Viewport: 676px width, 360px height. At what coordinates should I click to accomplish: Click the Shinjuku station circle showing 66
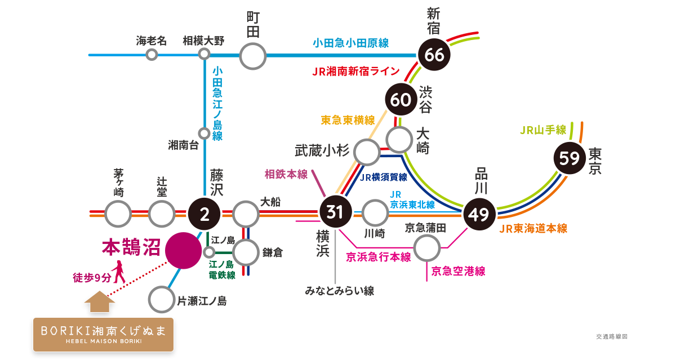(x=435, y=55)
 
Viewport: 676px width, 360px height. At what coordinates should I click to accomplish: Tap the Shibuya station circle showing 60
(x=401, y=100)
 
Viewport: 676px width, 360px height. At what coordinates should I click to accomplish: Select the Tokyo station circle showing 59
(x=570, y=158)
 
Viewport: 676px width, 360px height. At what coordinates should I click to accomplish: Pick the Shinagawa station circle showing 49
(x=479, y=215)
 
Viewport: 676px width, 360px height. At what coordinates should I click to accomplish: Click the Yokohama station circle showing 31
(x=335, y=212)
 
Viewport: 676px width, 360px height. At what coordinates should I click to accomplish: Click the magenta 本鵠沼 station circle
(x=184, y=250)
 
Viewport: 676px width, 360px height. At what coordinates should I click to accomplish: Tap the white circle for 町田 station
(x=253, y=56)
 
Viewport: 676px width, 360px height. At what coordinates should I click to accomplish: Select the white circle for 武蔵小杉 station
(x=367, y=152)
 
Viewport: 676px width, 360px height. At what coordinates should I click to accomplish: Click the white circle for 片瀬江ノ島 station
(x=162, y=300)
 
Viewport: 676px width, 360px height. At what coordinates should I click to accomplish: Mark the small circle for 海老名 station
(x=152, y=55)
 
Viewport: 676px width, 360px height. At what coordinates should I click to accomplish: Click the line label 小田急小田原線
(x=350, y=43)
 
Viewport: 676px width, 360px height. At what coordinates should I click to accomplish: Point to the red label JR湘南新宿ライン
(x=355, y=72)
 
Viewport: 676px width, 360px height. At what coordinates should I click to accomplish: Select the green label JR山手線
(x=542, y=130)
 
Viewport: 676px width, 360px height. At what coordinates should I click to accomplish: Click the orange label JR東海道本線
(x=533, y=228)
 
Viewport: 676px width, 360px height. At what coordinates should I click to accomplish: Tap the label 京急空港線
(x=458, y=271)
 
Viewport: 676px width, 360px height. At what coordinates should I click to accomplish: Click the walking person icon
(x=119, y=273)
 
